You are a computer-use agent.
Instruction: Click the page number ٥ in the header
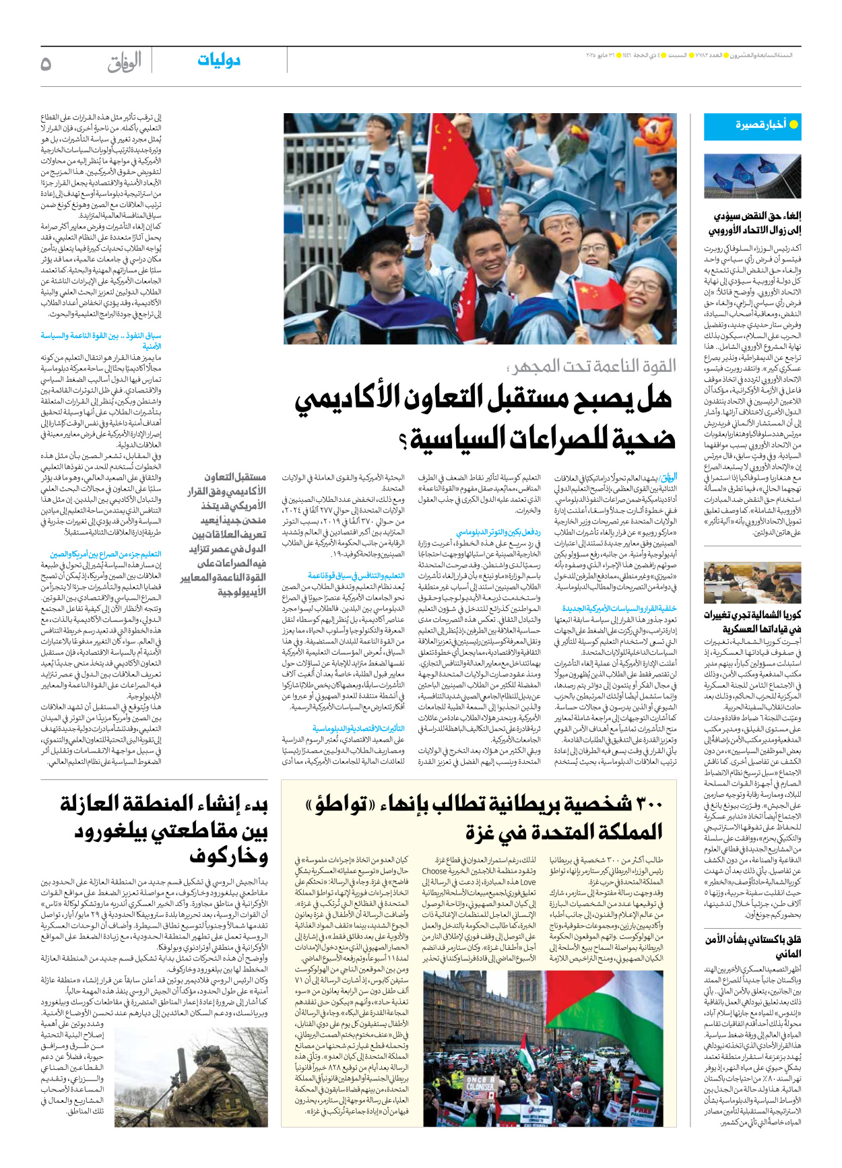(x=46, y=64)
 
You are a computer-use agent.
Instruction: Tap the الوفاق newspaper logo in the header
(x=124, y=63)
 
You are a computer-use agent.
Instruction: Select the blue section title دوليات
(x=218, y=61)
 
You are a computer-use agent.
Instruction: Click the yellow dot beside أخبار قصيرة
(x=794, y=125)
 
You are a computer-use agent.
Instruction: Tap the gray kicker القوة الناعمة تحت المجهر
(x=593, y=366)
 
